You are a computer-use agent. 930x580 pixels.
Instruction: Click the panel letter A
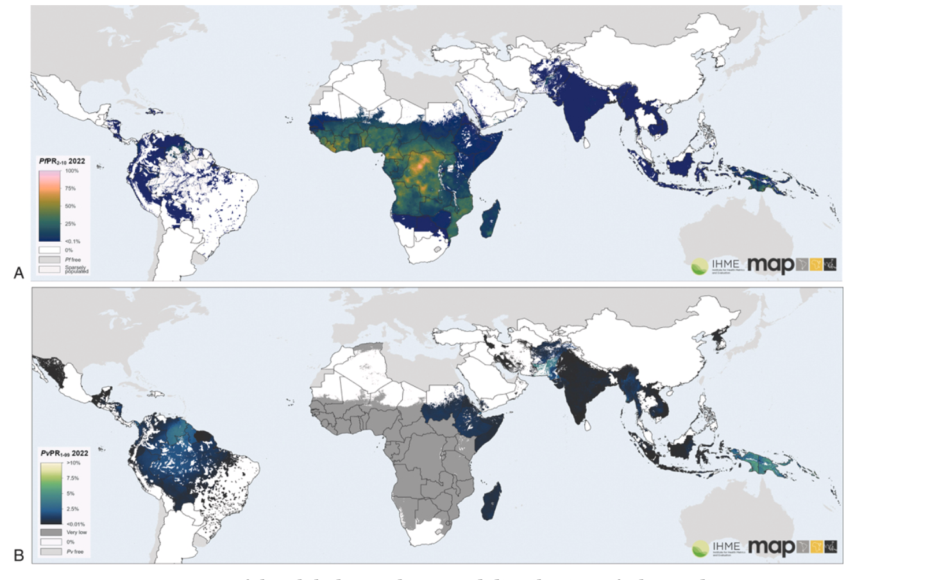pyautogui.click(x=19, y=273)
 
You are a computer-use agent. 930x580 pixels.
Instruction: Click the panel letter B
pyautogui.click(x=19, y=555)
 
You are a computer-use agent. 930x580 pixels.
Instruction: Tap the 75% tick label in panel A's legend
pyautogui.click(x=70, y=189)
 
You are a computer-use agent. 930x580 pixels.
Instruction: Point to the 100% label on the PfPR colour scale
pyautogui.click(x=71, y=171)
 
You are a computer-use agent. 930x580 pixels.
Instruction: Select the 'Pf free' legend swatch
pyautogui.click(x=49, y=260)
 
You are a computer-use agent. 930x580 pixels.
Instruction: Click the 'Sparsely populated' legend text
pyautogui.click(x=76, y=270)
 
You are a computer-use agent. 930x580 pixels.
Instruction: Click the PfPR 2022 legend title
pyautogui.click(x=62, y=162)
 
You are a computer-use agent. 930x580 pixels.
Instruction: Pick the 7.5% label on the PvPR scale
pyautogui.click(x=72, y=479)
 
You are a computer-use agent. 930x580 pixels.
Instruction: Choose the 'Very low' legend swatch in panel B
pyautogui.click(x=51, y=533)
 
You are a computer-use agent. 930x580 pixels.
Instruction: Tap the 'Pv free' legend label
pyautogui.click(x=75, y=552)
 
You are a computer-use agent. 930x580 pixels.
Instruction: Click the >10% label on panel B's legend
pyautogui.click(x=73, y=463)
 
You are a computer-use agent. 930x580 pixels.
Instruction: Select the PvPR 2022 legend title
pyautogui.click(x=64, y=454)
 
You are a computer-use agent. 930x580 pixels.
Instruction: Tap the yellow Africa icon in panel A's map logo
pyautogui.click(x=816, y=264)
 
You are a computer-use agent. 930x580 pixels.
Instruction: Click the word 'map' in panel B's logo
pyautogui.click(x=771, y=548)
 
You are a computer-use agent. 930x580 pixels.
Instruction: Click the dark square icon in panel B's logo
pyautogui.click(x=831, y=547)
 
